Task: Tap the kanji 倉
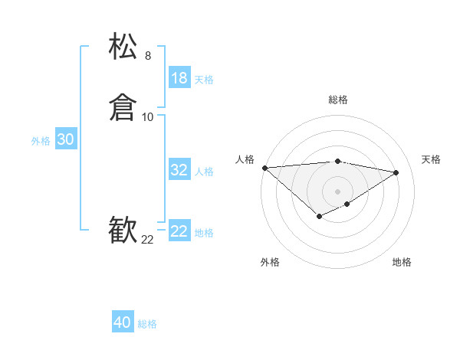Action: click(x=123, y=108)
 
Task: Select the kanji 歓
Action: click(x=123, y=231)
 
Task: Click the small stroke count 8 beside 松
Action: click(x=148, y=56)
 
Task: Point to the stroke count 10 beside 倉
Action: click(x=148, y=117)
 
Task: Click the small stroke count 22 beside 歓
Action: click(x=148, y=241)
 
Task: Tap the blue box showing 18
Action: click(x=179, y=78)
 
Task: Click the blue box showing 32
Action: click(x=179, y=170)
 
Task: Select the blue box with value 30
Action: click(x=66, y=139)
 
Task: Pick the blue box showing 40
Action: click(x=123, y=322)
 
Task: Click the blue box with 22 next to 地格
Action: click(x=179, y=231)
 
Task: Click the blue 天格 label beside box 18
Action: click(x=204, y=80)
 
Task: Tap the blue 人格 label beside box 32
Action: click(x=204, y=172)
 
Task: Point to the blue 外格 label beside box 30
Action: click(x=41, y=141)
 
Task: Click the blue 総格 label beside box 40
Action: click(x=147, y=324)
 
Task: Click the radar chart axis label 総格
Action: click(x=338, y=100)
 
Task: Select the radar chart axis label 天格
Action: click(x=432, y=159)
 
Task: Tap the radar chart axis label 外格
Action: click(x=270, y=262)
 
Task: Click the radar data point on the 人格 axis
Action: click(x=264, y=168)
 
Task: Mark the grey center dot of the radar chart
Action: click(x=338, y=191)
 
